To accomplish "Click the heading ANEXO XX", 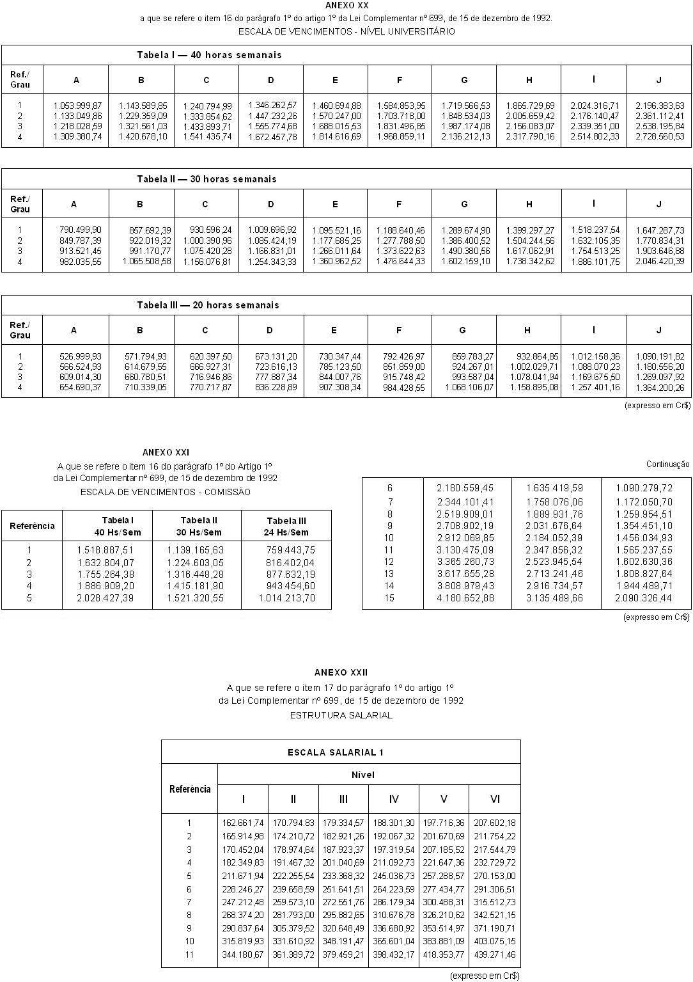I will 346,5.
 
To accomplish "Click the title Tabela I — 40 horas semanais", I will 209,55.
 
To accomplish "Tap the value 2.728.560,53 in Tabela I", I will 660,137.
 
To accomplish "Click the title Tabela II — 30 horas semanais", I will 206,179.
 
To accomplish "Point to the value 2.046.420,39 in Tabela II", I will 660,262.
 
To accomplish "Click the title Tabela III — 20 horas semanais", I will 208,305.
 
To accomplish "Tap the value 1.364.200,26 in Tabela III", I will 660,388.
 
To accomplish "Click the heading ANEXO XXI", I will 166,452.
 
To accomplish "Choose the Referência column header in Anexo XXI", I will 32,526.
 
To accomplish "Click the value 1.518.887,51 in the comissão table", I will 105,550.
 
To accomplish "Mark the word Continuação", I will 667,464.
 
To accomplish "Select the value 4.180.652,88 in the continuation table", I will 465,598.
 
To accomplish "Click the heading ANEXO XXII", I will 341,672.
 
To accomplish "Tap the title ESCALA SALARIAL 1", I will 336,752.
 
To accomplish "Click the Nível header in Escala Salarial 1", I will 363,775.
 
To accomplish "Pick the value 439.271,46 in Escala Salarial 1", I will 494,955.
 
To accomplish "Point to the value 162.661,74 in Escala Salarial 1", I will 243,823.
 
